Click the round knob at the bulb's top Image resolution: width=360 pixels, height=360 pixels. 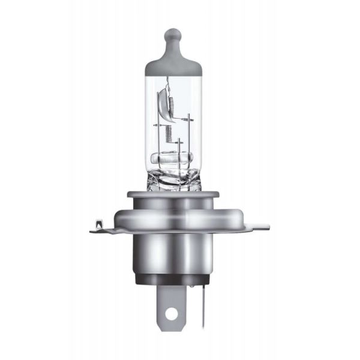[173, 34]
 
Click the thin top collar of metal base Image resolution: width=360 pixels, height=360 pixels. [173, 193]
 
